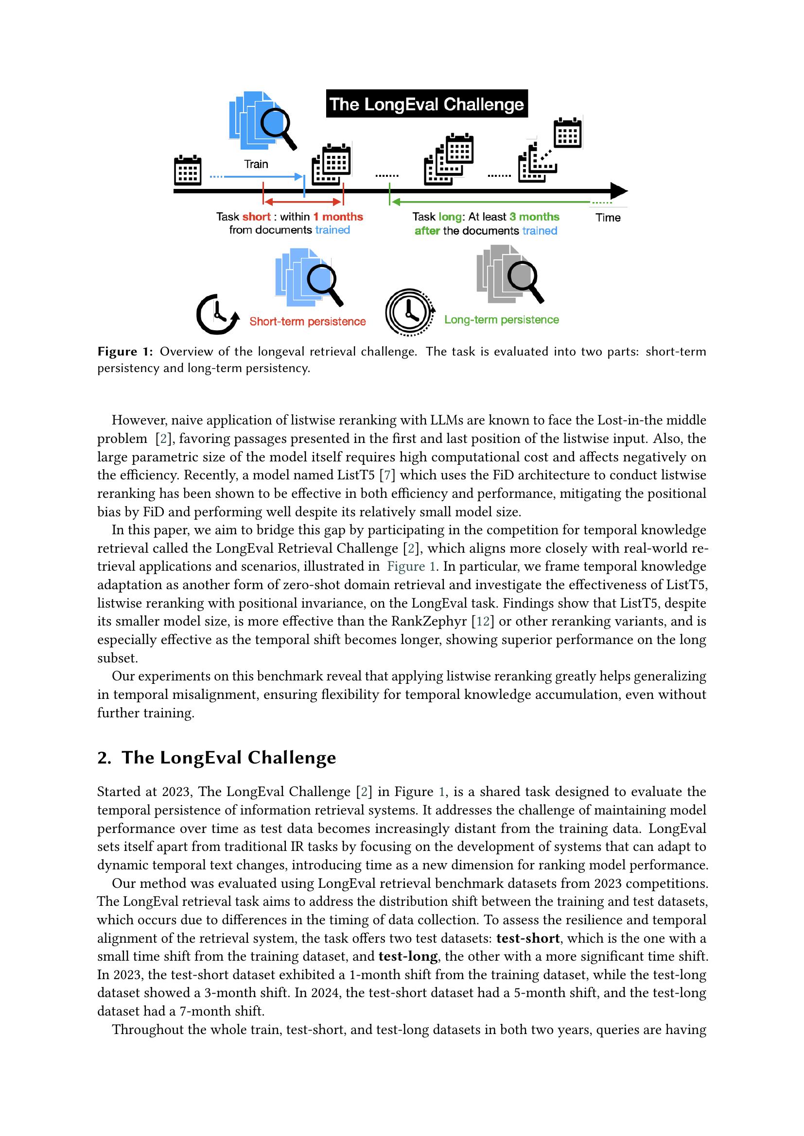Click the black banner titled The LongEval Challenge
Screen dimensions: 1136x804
(427, 104)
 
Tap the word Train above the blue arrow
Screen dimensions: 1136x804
(256, 164)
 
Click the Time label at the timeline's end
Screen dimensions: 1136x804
(608, 217)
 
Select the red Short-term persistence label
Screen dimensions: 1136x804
(307, 322)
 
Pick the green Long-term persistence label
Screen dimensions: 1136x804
(501, 320)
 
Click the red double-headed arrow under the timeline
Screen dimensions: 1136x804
(303, 202)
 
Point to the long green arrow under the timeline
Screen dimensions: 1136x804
(490, 202)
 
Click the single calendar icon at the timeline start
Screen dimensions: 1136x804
(188, 170)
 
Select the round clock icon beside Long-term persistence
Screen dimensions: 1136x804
(409, 313)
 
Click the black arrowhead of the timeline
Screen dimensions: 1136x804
(618, 190)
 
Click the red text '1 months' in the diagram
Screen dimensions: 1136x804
(338, 217)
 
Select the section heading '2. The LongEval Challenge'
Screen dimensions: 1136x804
(216, 757)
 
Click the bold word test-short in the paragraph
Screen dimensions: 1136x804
(528, 938)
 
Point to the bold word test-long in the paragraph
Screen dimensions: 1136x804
(408, 956)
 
